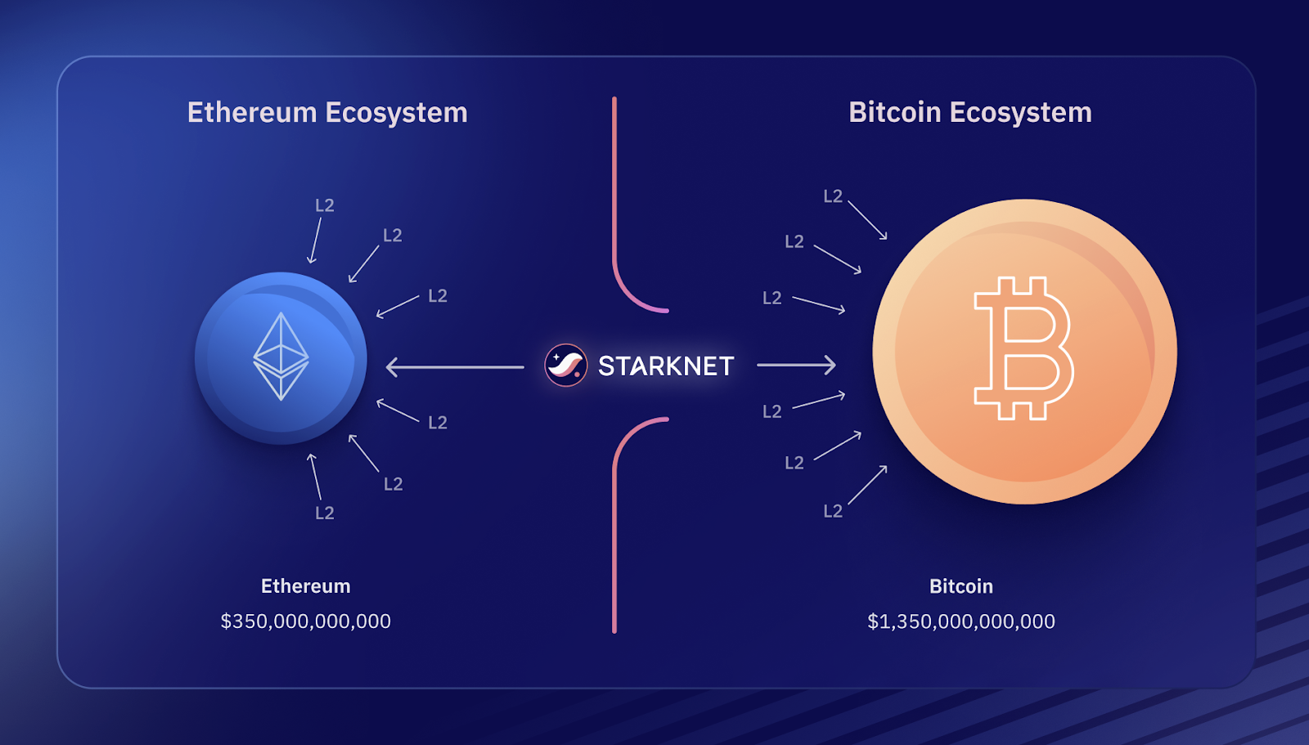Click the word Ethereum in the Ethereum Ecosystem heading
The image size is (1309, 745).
click(251, 113)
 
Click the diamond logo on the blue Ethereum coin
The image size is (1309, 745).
click(281, 357)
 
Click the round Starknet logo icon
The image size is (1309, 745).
click(565, 365)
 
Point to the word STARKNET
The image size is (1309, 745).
click(665, 366)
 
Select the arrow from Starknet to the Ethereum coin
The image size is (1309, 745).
click(454, 367)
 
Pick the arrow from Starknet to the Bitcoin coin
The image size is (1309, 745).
click(796, 365)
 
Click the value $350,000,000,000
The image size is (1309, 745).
click(305, 622)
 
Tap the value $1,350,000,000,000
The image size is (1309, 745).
click(960, 622)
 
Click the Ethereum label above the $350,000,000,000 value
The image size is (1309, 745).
click(305, 586)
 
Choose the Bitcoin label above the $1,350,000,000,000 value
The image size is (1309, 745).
click(960, 586)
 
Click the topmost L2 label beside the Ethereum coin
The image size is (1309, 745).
click(325, 206)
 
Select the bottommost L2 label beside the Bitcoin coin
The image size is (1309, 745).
click(833, 512)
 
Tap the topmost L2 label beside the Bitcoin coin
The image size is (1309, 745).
click(833, 196)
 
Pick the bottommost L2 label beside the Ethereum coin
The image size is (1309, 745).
click(325, 514)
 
